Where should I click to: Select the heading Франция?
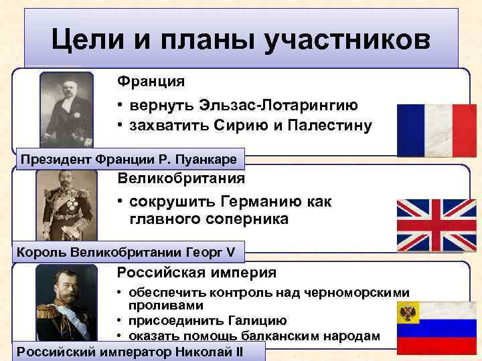coord(151,82)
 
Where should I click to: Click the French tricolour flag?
coord(436,130)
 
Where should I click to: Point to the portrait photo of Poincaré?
coord(66,110)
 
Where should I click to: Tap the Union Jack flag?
coord(436,225)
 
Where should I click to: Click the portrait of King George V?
coord(66,205)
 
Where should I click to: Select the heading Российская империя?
coord(196,273)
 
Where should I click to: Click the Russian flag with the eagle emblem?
coord(436,328)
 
